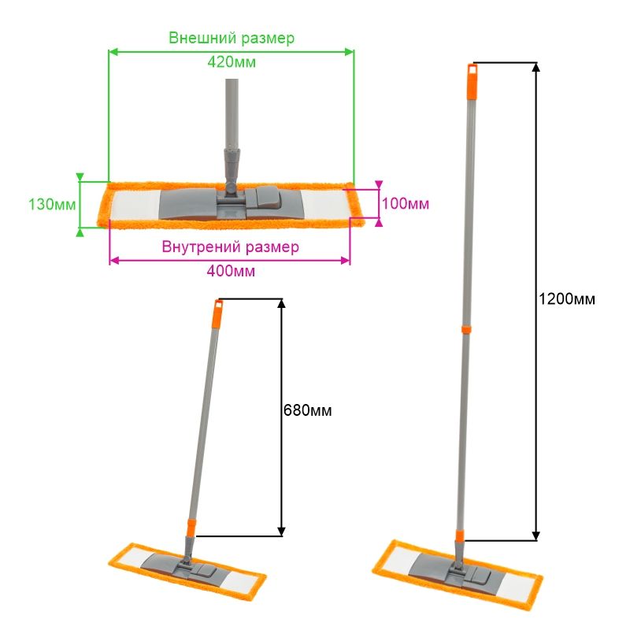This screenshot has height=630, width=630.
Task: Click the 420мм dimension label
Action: (x=232, y=62)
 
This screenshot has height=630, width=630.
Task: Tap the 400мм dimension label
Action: (x=231, y=271)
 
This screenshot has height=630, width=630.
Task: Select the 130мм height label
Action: (x=52, y=205)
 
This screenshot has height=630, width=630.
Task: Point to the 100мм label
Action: (x=406, y=204)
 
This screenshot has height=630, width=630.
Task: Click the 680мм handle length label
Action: (x=308, y=410)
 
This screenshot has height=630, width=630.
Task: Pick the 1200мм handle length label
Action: (x=567, y=299)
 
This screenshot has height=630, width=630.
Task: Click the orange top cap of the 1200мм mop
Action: (x=472, y=81)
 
